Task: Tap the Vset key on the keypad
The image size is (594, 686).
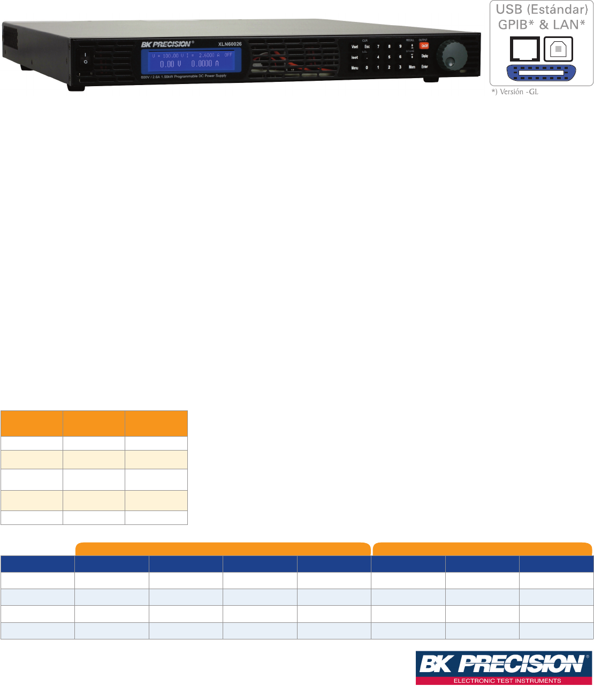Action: point(354,47)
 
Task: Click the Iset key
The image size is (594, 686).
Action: point(354,57)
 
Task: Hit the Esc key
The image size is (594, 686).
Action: point(367,47)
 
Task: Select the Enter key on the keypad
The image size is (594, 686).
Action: point(424,67)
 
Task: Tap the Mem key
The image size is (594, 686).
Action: point(412,67)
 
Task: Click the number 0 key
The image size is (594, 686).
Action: point(367,67)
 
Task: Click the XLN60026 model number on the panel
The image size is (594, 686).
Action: point(230,44)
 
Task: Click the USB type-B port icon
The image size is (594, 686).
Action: point(558,49)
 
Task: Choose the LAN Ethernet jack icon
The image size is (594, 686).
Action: point(524,49)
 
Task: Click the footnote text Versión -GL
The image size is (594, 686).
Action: point(515,92)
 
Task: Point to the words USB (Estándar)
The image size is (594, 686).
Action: point(542,10)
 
